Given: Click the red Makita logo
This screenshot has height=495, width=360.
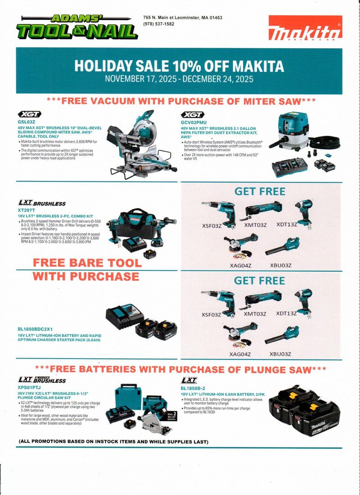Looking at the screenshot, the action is (305, 28).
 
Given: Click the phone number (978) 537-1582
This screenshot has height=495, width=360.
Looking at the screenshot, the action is (158, 24).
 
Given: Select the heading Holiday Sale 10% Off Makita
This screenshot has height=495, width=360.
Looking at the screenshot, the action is (179, 66).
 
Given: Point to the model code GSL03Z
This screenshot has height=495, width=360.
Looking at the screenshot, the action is (26, 121).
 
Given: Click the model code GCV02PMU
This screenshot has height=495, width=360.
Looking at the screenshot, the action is (193, 122).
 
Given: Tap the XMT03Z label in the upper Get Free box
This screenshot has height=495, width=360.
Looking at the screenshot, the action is (256, 225).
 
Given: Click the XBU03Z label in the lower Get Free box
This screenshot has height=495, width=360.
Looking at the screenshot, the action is (280, 354).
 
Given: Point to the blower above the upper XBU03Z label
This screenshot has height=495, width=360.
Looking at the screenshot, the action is (282, 247).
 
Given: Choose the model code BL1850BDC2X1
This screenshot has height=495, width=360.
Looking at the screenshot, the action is (35, 329).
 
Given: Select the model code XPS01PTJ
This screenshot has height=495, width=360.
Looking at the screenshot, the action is (29, 387).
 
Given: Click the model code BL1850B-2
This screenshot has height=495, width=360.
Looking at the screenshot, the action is (193, 388).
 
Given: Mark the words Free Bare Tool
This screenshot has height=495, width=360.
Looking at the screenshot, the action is (87, 263).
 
